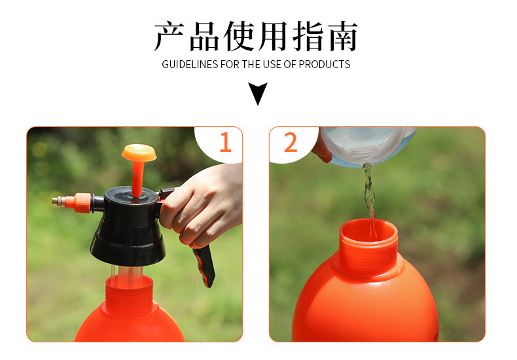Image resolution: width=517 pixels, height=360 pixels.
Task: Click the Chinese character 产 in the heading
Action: point(169,36)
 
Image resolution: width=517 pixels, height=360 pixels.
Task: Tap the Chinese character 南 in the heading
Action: point(342,36)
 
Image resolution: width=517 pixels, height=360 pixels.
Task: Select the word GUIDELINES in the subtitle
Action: point(190,64)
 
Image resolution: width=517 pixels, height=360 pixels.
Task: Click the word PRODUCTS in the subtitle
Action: point(325,64)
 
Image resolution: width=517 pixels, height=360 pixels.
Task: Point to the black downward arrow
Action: point(258,93)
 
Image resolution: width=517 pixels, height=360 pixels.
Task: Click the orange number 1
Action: point(226,142)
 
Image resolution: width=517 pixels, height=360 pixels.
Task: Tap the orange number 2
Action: point(291,142)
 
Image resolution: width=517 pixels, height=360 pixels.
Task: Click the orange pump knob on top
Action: point(139,153)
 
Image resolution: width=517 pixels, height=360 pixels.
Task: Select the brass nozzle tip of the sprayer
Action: point(58,201)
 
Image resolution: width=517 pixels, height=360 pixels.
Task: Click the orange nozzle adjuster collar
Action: point(78,203)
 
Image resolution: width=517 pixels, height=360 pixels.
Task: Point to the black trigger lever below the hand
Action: point(204,265)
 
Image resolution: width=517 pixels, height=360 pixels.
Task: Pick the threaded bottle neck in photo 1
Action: point(129,295)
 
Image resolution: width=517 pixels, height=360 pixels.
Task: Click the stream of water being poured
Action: point(370,198)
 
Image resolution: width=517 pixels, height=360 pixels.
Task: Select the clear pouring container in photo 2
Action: point(366,145)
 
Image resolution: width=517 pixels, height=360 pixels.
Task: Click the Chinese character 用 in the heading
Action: point(273,36)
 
